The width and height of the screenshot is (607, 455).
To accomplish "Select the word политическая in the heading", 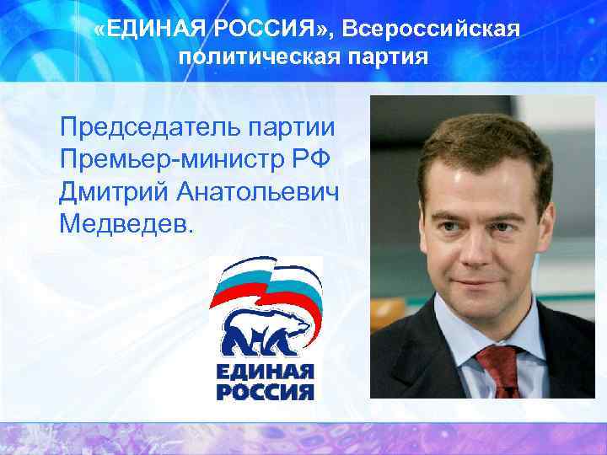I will click(244, 58).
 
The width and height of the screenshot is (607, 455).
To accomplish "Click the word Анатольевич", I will click(258, 192).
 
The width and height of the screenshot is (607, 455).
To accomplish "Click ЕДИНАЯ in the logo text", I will click(265, 372).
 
